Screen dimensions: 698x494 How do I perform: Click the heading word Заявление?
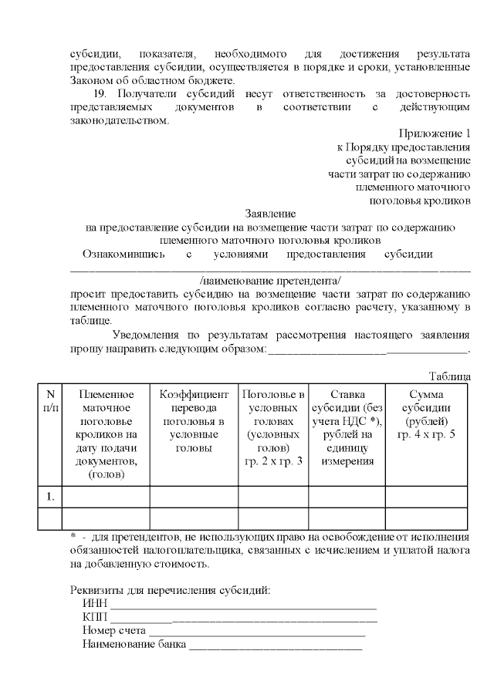click(x=269, y=213)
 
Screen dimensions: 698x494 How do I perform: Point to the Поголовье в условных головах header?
click(x=272, y=427)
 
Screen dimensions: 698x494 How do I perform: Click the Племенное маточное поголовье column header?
click(x=106, y=434)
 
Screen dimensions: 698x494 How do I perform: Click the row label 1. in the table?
click(x=49, y=496)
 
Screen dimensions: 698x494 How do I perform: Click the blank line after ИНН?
click(x=242, y=604)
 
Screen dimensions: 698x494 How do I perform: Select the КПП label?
click(x=95, y=617)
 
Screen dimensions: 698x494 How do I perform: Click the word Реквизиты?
click(x=95, y=590)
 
